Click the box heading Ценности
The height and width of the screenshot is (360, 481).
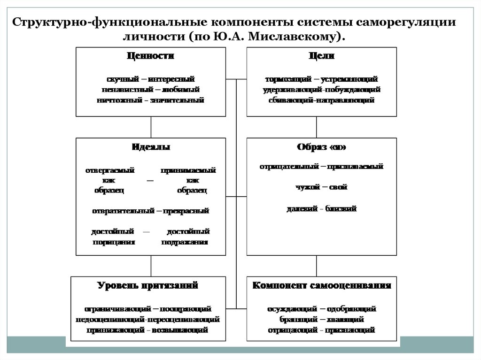coord(151,56)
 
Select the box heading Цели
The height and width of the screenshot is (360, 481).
coord(322,56)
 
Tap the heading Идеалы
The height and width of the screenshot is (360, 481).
coord(151,147)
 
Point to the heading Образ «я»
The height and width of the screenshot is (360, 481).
coord(322,147)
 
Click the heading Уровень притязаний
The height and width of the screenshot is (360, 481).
coord(147,285)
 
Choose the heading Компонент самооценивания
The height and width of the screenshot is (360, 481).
coord(322,285)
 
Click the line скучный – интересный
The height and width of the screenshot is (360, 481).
coord(151,79)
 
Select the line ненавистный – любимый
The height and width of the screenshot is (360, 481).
coord(151,89)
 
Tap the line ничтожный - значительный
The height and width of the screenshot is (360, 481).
coord(151,100)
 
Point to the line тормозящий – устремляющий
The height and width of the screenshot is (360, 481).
coord(322,79)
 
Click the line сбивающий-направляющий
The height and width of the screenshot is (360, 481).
coord(322,100)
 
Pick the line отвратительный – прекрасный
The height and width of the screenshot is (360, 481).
coord(151,211)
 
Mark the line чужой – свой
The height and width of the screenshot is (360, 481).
coord(322,187)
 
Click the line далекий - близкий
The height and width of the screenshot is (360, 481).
coord(322,208)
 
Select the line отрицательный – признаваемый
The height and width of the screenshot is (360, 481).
coord(322,166)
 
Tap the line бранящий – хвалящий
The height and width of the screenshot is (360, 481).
coord(322,319)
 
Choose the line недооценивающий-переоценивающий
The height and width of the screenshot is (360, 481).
coord(147,319)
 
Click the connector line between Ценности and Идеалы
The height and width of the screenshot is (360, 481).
coord(151,127)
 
